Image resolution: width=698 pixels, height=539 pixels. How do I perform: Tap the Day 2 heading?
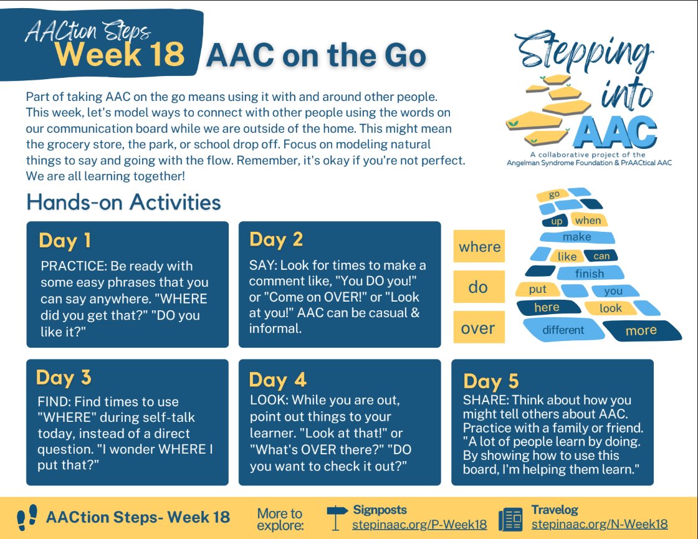click(277, 239)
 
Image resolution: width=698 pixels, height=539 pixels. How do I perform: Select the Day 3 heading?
click(64, 378)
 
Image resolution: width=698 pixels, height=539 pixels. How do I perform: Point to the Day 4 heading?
click(277, 379)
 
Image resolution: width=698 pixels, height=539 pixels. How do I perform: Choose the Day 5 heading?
click(491, 381)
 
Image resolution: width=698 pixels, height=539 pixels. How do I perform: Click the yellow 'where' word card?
click(479, 247)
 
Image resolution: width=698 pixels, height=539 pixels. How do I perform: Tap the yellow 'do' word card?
click(478, 287)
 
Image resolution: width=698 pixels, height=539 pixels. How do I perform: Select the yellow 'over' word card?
click(478, 328)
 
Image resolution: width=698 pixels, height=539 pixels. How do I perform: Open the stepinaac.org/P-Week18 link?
click(419, 524)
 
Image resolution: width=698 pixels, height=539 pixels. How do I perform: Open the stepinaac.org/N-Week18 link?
click(600, 524)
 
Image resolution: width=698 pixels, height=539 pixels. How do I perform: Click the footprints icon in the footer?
click(27, 517)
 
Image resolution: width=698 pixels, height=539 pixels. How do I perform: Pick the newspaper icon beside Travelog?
click(510, 518)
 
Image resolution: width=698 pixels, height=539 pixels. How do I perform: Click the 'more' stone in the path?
click(641, 330)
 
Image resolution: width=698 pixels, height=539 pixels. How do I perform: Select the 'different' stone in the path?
click(563, 330)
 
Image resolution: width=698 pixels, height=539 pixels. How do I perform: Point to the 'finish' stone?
click(589, 273)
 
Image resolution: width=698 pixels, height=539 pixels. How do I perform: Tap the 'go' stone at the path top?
click(554, 194)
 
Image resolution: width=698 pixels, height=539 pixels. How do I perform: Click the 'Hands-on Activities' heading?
click(123, 203)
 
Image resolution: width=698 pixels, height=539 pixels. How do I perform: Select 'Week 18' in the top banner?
click(120, 55)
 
